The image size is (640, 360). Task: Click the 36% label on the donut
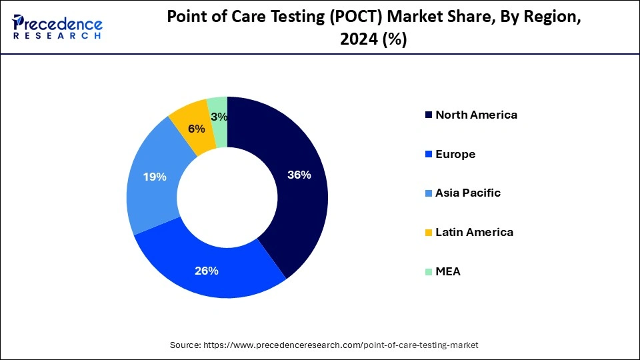click(299, 175)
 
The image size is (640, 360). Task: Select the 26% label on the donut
click(207, 271)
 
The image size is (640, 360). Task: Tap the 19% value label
click(155, 177)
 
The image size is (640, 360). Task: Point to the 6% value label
click(196, 129)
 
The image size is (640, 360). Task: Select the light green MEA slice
click(217, 106)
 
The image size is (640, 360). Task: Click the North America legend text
click(476, 115)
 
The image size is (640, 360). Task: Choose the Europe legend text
click(455, 154)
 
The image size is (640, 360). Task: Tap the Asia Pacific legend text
click(467, 193)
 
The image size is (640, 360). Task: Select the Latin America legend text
click(474, 233)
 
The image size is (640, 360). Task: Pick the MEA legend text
click(448, 272)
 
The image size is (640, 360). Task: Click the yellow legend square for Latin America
click(427, 233)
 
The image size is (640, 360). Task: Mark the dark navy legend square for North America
click(427, 115)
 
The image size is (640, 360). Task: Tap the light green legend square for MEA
click(427, 272)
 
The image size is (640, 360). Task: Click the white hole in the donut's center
click(227, 196)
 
